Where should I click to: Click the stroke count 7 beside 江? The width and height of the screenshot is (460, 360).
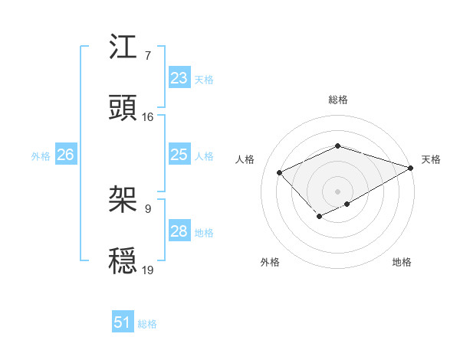point(148,56)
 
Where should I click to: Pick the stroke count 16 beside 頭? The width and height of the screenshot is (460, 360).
point(148,116)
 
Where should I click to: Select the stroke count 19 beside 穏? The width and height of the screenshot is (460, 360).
point(148,270)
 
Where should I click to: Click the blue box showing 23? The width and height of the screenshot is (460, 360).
point(179,78)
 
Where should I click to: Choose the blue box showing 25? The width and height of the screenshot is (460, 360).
point(179,155)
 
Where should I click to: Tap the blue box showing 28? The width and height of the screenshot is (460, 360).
point(179,231)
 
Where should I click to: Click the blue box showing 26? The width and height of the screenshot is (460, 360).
point(65,155)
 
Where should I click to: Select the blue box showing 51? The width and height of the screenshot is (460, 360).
point(123,322)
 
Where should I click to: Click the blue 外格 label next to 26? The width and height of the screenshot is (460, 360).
point(41,155)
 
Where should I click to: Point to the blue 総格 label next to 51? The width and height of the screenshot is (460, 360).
point(147,323)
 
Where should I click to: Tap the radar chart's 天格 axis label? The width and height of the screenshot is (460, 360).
point(431,159)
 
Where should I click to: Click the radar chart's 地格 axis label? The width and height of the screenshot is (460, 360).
point(402,262)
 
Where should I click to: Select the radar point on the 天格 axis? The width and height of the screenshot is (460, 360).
point(412,167)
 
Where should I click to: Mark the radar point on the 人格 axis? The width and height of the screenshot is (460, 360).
point(280,172)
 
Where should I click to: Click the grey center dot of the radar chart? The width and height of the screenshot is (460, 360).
point(337,191)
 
